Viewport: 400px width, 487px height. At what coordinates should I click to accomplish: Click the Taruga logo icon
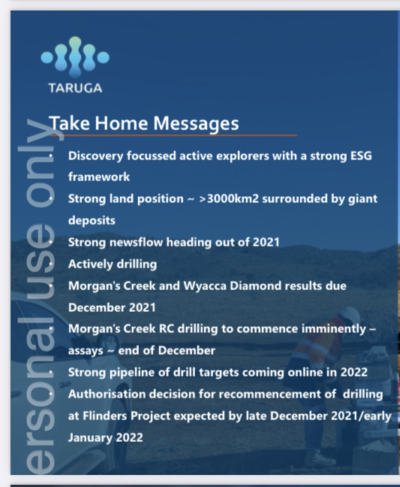tap(75, 57)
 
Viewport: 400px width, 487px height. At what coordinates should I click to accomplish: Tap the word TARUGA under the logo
tap(75, 88)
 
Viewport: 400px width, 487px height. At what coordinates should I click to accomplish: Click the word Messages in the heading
tap(196, 123)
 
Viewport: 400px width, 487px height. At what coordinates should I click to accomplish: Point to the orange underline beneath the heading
tap(173, 135)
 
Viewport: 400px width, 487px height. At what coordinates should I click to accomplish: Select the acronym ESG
tap(361, 156)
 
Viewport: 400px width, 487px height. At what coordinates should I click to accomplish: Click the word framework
tap(99, 177)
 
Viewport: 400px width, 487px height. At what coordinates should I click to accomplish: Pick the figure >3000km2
tap(229, 198)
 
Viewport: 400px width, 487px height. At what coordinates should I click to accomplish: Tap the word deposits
tap(92, 221)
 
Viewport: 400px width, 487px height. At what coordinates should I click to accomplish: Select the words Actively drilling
tap(113, 265)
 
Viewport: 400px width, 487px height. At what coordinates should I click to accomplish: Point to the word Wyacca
tap(205, 286)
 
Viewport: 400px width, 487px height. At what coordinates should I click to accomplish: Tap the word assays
tap(86, 351)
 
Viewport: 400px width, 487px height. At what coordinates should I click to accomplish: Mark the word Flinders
tap(105, 416)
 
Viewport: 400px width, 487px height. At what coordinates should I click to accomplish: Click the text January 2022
tap(105, 437)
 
